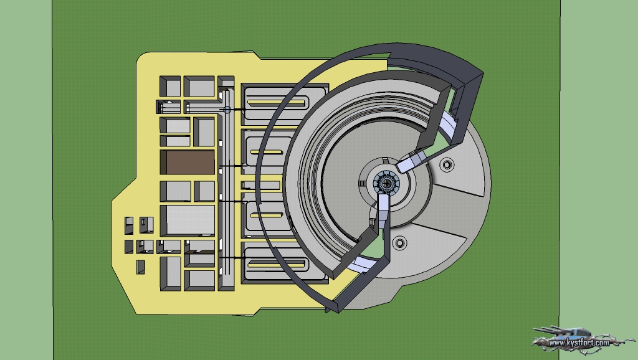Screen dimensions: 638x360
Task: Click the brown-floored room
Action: click(188, 163)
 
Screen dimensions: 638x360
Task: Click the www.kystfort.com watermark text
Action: click(579, 343)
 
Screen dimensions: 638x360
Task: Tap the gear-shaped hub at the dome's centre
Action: click(386, 184)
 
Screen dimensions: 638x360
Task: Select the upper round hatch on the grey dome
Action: click(447, 164)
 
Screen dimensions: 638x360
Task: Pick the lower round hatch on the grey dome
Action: click(399, 243)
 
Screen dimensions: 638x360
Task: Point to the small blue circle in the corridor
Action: click(227, 110)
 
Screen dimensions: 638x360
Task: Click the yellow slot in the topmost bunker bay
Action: click(276, 103)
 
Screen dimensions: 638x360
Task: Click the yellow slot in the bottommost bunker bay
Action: click(276, 265)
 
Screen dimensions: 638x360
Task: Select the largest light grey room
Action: click(188, 220)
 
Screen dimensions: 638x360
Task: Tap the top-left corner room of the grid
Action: click(170, 86)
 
